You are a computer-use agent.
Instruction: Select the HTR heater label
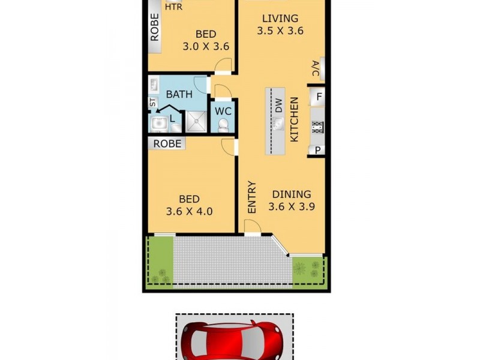point(173,7)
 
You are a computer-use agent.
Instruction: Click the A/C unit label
point(315,69)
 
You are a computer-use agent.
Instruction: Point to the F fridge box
point(319,96)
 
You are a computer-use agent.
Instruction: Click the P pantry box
point(317,150)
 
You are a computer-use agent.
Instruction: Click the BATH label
point(179,94)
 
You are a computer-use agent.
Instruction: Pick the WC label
point(224,111)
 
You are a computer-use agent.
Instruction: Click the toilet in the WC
point(223,125)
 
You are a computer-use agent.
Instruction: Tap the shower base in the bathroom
point(196,122)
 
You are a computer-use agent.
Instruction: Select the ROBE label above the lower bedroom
point(167,144)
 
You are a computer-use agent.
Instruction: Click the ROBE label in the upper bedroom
point(155,28)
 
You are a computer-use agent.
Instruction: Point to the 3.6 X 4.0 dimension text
point(190,211)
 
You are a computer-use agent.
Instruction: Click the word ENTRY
point(252,197)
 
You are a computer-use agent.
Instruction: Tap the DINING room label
point(292,194)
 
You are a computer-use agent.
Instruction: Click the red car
point(234,340)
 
